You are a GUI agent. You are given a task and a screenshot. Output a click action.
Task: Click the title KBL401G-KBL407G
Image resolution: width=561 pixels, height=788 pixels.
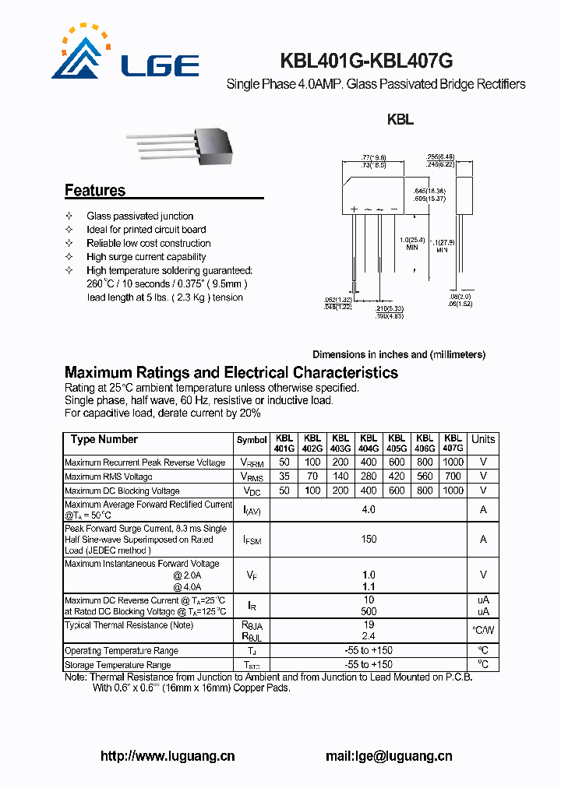click(366, 62)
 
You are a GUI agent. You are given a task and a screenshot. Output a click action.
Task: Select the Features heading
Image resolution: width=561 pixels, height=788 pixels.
click(94, 191)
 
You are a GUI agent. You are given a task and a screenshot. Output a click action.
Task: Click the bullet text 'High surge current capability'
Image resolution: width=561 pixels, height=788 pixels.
click(146, 257)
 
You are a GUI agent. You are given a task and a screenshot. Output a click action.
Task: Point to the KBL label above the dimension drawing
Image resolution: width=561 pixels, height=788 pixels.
click(400, 121)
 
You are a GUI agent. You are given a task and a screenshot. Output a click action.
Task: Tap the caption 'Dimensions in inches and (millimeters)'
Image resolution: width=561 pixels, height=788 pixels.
click(399, 354)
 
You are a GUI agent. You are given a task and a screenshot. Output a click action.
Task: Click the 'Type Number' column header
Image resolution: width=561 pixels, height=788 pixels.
click(104, 440)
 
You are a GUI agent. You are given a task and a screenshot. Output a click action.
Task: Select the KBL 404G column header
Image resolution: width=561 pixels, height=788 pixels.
click(369, 443)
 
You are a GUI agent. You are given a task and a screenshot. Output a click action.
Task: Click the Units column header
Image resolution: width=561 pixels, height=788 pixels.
click(483, 440)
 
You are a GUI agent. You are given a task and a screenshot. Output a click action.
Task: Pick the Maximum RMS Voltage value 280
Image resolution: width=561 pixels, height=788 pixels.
click(369, 477)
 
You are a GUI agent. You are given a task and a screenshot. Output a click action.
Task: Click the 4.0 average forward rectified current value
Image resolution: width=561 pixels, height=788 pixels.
click(369, 509)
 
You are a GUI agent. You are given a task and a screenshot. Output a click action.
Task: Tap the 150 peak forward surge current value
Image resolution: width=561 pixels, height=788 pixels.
click(369, 539)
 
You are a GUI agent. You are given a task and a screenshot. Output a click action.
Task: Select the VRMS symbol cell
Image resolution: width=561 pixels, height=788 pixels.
click(251, 477)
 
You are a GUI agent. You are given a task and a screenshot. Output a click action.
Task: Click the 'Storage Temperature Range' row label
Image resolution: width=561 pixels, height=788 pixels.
click(118, 665)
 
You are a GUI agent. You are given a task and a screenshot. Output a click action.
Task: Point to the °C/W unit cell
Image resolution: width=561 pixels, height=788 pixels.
click(483, 630)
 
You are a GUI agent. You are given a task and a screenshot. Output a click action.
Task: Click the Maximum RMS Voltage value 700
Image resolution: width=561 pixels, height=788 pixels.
click(453, 477)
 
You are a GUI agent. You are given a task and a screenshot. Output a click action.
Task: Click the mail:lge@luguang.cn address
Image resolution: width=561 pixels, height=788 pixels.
click(388, 756)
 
